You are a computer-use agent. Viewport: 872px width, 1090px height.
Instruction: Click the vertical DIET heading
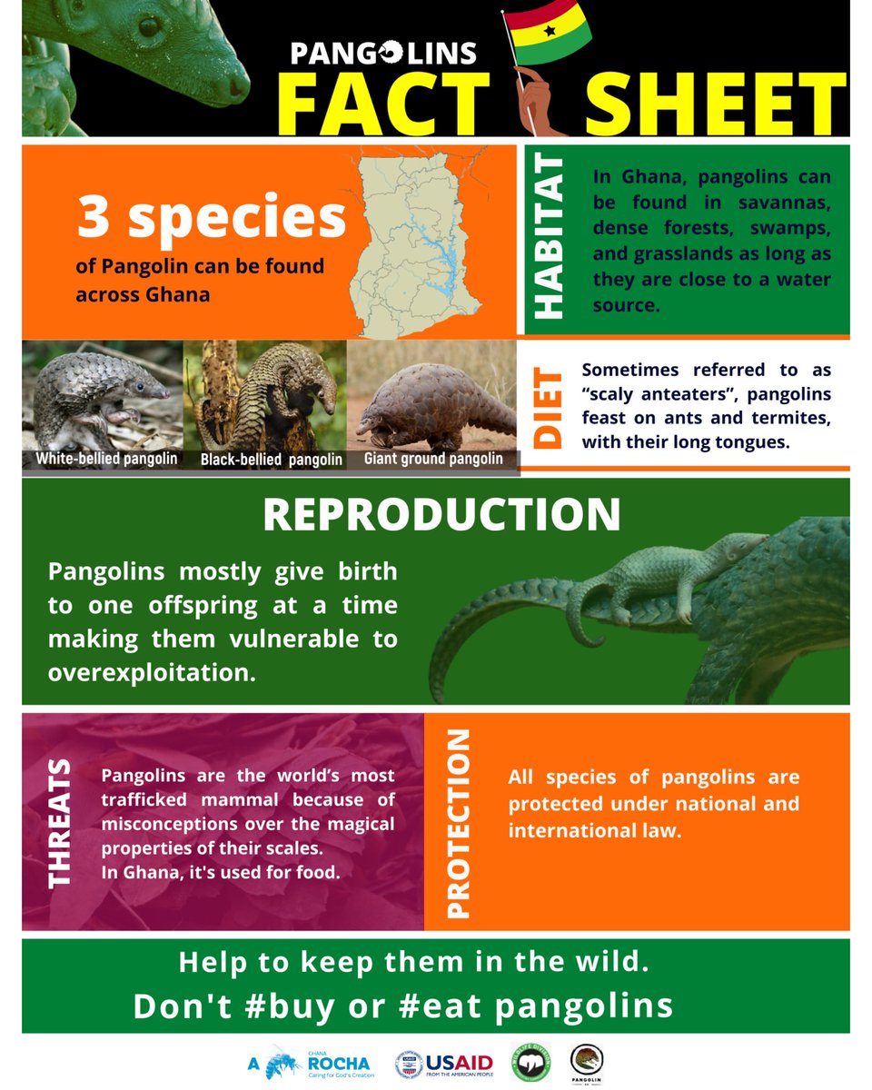click(549, 407)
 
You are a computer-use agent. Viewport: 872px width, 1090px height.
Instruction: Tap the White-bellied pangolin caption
click(106, 459)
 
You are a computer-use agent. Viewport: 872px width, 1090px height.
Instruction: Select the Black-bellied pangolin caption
click(272, 460)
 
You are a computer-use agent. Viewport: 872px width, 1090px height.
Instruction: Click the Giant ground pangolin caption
click(433, 459)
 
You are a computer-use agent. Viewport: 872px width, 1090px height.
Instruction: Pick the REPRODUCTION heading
click(441, 515)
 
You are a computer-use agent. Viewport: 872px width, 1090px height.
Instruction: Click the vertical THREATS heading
click(59, 821)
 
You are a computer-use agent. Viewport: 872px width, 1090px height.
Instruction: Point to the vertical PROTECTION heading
click(460, 822)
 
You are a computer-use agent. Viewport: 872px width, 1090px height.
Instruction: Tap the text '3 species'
click(211, 219)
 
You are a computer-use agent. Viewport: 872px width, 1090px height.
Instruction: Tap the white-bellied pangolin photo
click(102, 395)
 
